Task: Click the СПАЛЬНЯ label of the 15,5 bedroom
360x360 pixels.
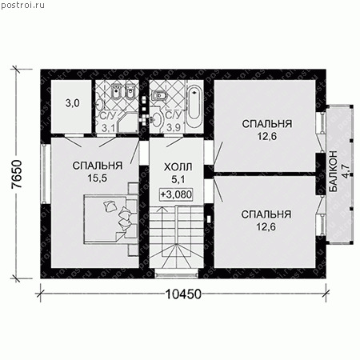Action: click(x=96, y=166)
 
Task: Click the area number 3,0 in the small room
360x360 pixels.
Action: click(x=71, y=104)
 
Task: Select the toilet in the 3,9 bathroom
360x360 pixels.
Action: click(x=159, y=120)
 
